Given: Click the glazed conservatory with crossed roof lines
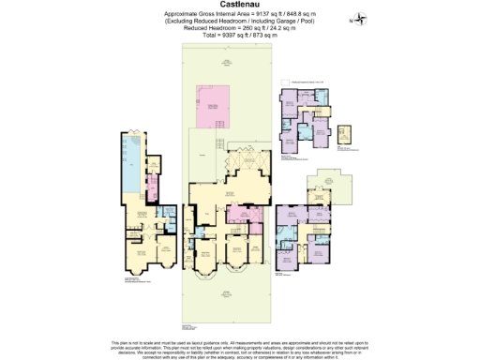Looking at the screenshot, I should click(x=247, y=165).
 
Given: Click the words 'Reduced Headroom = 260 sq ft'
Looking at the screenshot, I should click(x=217, y=27).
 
